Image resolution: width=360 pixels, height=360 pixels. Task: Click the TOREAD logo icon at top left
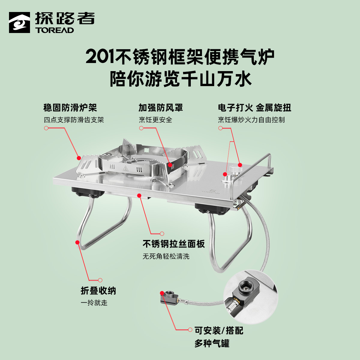tap(19, 22)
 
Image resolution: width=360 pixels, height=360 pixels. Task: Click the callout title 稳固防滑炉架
tap(70, 108)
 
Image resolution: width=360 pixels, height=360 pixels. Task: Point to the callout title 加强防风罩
tap(160, 108)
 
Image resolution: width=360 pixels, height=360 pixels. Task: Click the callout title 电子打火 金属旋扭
tap(254, 108)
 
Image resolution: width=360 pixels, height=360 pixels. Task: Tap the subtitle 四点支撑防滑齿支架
tap(74, 120)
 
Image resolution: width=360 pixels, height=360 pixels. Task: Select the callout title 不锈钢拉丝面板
tap(174, 244)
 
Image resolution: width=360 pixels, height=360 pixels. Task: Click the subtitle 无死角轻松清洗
tap(166, 256)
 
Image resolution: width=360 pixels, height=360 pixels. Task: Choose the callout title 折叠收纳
tap(98, 291)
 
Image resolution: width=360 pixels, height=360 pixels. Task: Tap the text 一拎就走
tap(94, 303)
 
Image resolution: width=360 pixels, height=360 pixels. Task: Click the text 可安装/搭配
tap(219, 331)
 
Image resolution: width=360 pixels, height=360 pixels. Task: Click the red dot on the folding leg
tap(78, 242)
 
